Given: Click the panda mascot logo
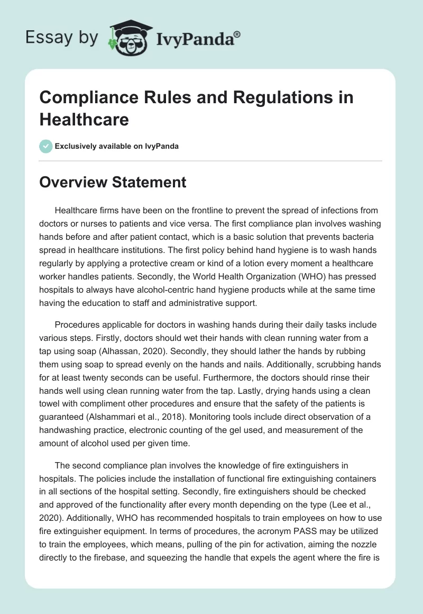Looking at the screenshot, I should click(129, 38).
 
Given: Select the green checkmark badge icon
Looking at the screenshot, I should click(46, 146).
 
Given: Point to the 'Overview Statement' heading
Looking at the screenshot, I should click(113, 183).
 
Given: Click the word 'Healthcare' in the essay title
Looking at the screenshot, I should click(84, 120).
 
